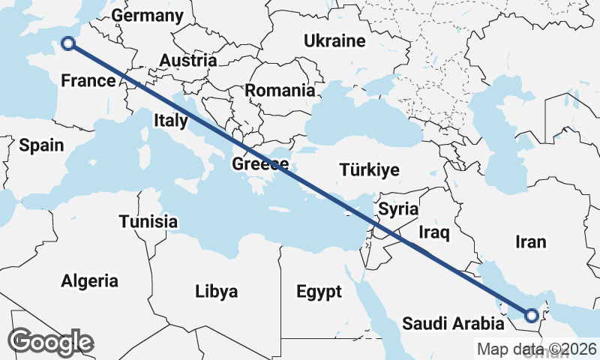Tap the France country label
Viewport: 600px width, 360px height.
click(88, 80)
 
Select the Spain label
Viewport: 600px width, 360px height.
click(42, 145)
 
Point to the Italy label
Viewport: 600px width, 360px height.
click(171, 120)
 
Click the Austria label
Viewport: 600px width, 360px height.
click(188, 61)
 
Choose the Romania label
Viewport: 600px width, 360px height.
click(280, 90)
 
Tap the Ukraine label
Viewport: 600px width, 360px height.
click(334, 41)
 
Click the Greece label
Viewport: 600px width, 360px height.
click(260, 164)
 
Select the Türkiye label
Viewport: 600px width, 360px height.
click(369, 169)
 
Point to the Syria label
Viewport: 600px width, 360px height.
click(398, 209)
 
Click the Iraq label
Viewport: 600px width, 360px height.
click(433, 232)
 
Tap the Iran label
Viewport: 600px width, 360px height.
click(531, 241)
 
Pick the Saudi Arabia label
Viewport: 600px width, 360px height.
click(453, 324)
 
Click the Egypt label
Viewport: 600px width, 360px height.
click(319, 291)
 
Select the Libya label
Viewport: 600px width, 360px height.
click(216, 291)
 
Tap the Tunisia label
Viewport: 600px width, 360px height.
click(148, 221)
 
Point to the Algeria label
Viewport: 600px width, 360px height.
click(90, 281)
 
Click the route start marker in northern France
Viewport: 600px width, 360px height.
click(68, 43)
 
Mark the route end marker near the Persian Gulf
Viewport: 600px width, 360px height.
click(532, 316)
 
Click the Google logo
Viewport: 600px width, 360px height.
click(52, 342)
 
